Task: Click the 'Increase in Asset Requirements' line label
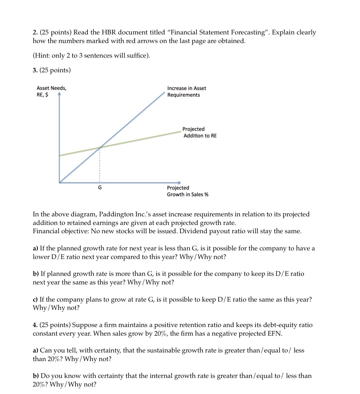pyautogui.click(x=186, y=92)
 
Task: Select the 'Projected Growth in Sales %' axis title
pyautogui.click(x=187, y=191)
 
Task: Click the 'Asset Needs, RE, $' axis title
pyautogui.click(x=51, y=91)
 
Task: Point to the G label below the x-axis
pyautogui.click(x=100, y=188)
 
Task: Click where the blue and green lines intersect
pyautogui.click(x=100, y=147)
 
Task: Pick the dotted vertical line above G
pyautogui.click(x=100, y=165)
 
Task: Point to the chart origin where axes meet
pyautogui.click(x=59, y=182)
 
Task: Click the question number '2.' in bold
pyautogui.click(x=35, y=33)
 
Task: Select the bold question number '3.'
pyautogui.click(x=35, y=70)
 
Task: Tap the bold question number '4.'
pyautogui.click(x=35, y=325)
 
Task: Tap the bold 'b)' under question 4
pyautogui.click(x=36, y=376)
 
